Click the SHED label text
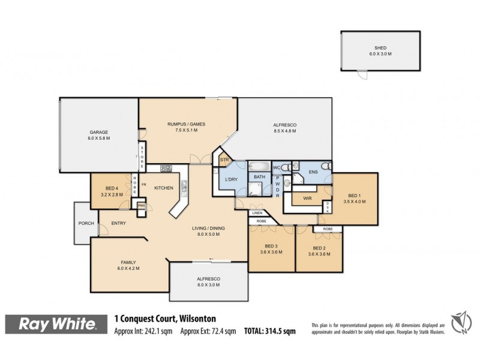tap(380, 47)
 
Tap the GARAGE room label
tap(98, 131)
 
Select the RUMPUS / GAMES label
tap(186, 124)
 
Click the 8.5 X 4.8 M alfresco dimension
tap(285, 131)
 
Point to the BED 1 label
tap(356, 195)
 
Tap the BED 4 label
tap(112, 188)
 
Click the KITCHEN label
tap(163, 188)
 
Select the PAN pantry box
tap(142, 206)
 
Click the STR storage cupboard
tap(225, 160)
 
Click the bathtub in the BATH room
tap(260, 166)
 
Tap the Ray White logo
tap(58, 325)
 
